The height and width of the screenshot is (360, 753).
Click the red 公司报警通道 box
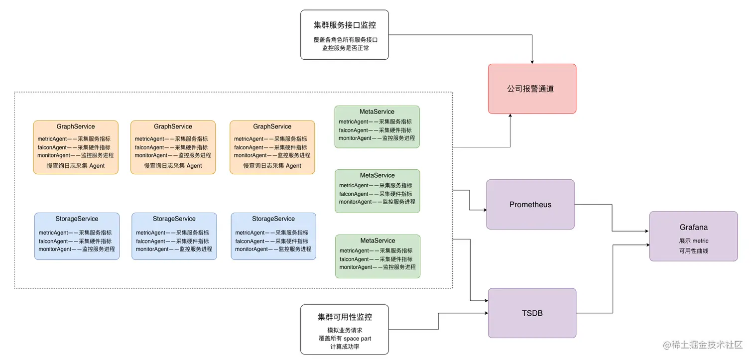click(531, 89)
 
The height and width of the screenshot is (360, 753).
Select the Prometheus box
click(530, 205)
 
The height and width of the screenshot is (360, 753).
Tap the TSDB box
click(531, 313)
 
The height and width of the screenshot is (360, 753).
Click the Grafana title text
click(693, 227)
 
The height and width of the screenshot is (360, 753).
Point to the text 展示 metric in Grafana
click(693, 241)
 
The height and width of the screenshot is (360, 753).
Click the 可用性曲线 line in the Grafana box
click(693, 251)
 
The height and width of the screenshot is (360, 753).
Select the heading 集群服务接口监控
click(345, 25)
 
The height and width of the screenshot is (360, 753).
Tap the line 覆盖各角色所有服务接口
click(345, 39)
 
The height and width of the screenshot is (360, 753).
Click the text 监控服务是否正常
click(345, 48)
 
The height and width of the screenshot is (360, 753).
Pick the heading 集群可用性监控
click(345, 317)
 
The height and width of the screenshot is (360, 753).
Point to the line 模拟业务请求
click(345, 330)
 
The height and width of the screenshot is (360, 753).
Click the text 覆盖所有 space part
click(345, 339)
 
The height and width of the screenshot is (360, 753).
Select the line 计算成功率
click(345, 347)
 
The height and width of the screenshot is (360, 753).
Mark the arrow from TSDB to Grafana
click(613, 279)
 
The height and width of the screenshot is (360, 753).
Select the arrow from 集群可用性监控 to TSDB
click(438, 321)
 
